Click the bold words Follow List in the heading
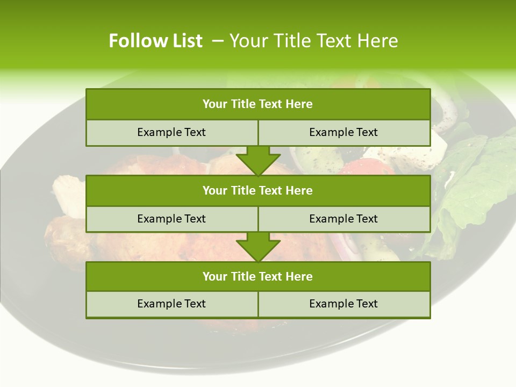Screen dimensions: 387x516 (155, 41)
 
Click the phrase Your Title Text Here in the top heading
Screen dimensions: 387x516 (313, 41)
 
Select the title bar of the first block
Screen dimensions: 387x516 (258, 104)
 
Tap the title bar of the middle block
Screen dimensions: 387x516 (258, 190)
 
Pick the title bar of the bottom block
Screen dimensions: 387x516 (258, 276)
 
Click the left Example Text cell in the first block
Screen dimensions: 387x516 (171, 132)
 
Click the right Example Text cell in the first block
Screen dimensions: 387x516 (343, 132)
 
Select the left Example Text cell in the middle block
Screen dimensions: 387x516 (171, 219)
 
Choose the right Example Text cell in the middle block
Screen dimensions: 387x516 (343, 219)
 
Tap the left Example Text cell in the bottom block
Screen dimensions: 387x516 (171, 304)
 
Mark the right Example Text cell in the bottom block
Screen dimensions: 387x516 (343, 304)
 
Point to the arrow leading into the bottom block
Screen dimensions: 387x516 (258, 247)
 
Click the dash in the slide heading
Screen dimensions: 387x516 (218, 41)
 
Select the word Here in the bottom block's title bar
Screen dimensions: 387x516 (299, 276)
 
